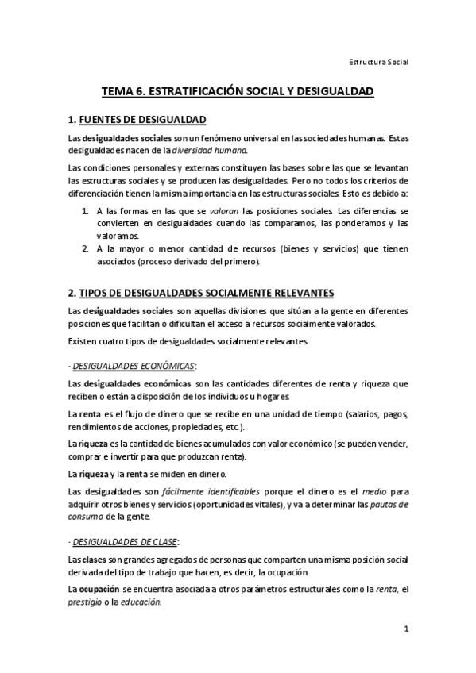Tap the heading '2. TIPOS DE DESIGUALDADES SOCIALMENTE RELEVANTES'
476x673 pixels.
[201, 293]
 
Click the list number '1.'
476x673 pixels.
[86, 212]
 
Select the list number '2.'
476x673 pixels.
[86, 248]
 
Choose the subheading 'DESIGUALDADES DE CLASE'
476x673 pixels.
[125, 542]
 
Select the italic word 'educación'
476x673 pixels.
[143, 602]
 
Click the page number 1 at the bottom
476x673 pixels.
[406, 629]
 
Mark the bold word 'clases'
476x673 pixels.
[94, 560]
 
